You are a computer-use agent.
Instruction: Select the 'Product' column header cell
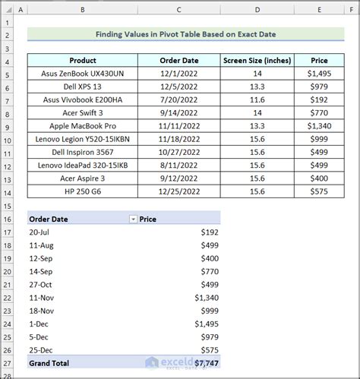pos(83,61)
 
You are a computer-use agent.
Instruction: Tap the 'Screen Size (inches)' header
pos(257,61)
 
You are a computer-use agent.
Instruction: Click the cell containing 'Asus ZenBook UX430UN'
pos(83,74)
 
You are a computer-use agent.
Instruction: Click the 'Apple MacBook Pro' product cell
pos(83,126)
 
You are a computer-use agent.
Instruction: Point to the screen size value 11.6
pos(257,99)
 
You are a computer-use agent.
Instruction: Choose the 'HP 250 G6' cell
pos(83,191)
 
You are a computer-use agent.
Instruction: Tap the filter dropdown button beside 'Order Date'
pos(134,219)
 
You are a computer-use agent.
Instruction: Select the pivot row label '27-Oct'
pos(42,284)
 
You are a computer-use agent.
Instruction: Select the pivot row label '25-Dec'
pos(42,349)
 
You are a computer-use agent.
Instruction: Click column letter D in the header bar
pos(257,10)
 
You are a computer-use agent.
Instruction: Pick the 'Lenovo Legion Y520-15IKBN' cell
pos(83,139)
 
